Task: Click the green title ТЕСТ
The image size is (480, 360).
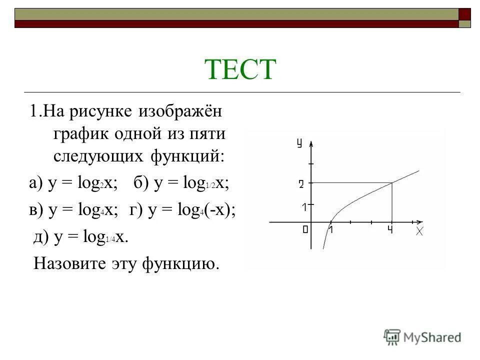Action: (240, 70)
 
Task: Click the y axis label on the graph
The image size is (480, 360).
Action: (299, 143)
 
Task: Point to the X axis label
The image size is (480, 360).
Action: (419, 231)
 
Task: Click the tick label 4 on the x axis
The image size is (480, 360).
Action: (390, 230)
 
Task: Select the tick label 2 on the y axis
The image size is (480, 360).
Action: (301, 184)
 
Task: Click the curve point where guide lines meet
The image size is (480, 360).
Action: (391, 183)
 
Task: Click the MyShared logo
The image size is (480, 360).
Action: (422, 336)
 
